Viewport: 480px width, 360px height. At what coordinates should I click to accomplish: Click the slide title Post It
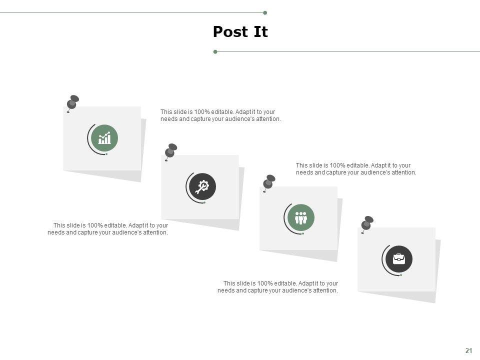240,31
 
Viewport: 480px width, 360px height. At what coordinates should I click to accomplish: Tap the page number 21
468,350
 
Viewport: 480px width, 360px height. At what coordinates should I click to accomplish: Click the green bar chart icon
104,138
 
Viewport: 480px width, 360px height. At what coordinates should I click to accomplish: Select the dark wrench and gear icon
202,186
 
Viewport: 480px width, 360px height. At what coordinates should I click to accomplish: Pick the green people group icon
301,217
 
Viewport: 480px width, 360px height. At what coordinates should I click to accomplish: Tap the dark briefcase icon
399,259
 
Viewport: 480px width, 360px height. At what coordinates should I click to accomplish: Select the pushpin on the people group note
269,183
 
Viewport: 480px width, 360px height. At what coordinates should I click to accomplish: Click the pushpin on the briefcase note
367,224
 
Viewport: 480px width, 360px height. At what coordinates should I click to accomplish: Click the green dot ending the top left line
265,13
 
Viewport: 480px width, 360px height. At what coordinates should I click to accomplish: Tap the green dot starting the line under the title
215,51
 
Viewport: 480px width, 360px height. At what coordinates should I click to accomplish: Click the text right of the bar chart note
220,115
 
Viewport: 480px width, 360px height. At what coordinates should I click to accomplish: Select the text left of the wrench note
108,229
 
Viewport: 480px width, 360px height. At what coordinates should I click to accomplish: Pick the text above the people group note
356,169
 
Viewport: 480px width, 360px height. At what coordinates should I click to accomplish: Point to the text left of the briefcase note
277,287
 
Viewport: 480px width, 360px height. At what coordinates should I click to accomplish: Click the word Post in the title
230,31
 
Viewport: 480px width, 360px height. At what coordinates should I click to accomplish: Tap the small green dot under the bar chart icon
106,154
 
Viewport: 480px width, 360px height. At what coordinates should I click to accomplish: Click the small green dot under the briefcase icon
401,275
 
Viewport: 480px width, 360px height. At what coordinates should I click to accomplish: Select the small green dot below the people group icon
303,233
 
